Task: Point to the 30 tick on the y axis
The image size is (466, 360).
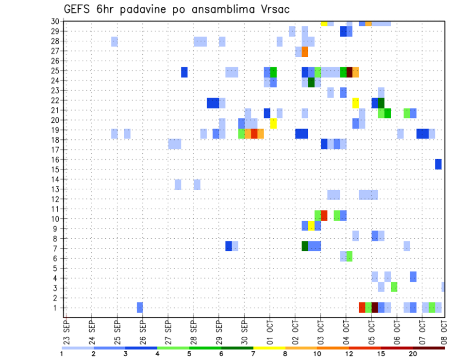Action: point(55,21)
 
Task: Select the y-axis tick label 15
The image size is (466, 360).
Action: point(55,169)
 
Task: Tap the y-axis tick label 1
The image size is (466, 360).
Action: point(57,308)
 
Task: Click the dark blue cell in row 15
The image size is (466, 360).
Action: point(438,164)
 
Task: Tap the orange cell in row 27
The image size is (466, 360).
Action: point(305,52)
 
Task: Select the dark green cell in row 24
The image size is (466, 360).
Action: point(311,82)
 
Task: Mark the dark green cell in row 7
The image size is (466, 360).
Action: point(305,246)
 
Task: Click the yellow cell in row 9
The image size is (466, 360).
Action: point(311,226)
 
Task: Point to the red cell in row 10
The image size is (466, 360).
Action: point(324,215)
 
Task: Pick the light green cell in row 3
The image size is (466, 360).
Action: point(394,287)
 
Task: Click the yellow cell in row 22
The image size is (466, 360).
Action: point(355,103)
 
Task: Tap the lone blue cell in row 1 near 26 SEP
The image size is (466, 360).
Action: point(140,307)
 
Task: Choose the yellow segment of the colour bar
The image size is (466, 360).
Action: point(269,348)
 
